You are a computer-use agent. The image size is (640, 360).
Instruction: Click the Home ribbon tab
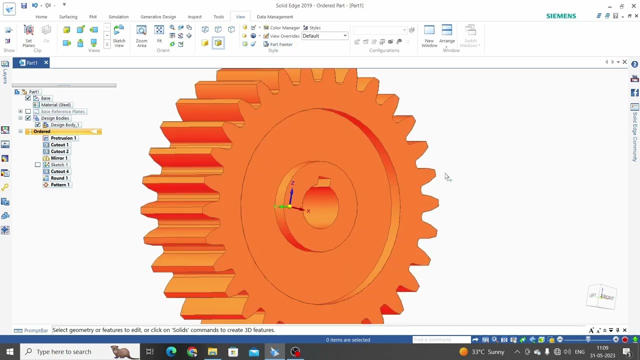(41, 17)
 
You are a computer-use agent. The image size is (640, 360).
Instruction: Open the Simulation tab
(118, 17)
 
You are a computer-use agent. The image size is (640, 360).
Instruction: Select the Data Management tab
(275, 17)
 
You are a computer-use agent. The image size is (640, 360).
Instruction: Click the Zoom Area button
(141, 36)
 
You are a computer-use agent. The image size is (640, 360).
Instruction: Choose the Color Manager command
(281, 27)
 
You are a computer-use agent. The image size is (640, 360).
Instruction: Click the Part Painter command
(278, 44)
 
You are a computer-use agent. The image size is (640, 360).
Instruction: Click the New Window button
(429, 36)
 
